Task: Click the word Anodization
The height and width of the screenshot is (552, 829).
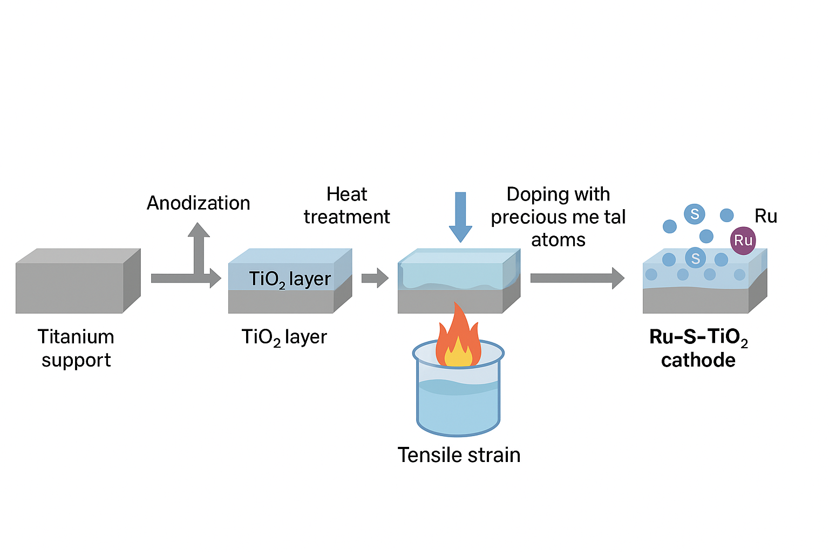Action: [x=199, y=203]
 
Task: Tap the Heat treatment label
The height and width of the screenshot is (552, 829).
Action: [x=347, y=205]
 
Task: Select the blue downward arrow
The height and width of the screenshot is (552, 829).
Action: [x=460, y=217]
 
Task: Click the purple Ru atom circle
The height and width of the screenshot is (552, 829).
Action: [x=743, y=240]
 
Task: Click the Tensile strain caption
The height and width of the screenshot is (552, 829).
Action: [x=459, y=455]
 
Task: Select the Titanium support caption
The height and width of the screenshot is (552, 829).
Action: [x=76, y=348]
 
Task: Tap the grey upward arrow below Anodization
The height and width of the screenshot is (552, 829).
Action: [x=199, y=249]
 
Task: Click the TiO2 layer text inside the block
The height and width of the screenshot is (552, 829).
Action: [x=290, y=280]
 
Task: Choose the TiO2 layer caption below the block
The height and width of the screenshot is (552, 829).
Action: [x=284, y=337]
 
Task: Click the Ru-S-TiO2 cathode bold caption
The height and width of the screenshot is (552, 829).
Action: [x=699, y=348]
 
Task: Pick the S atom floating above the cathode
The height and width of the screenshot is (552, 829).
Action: [x=694, y=214]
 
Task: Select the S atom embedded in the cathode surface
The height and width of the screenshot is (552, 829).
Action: [x=695, y=258]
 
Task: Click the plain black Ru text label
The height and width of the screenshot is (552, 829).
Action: [x=766, y=216]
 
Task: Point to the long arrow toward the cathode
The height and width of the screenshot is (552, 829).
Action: [x=577, y=278]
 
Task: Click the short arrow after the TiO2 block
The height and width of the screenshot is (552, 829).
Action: [x=375, y=278]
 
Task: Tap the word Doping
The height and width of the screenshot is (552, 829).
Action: [x=533, y=195]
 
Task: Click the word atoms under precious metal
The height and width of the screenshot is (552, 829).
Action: [x=558, y=240]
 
